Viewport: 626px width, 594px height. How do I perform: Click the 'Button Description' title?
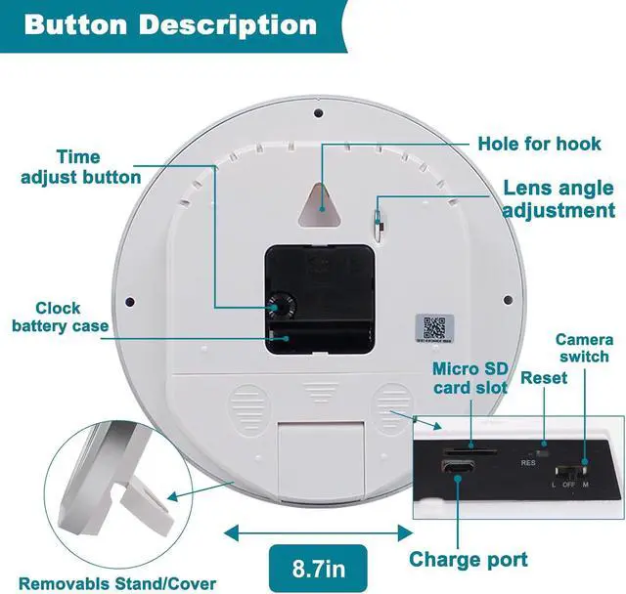click(x=170, y=23)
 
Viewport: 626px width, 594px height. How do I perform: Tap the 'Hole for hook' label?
click(x=539, y=145)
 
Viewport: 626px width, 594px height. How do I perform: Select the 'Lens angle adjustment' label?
click(x=559, y=199)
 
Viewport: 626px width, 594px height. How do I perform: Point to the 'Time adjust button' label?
click(x=80, y=167)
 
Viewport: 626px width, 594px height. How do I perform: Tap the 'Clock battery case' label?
click(x=60, y=317)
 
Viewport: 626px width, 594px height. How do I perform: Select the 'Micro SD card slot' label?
click(x=469, y=378)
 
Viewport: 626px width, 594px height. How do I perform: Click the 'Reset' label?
click(x=545, y=378)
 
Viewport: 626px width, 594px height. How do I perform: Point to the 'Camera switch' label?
click(x=584, y=348)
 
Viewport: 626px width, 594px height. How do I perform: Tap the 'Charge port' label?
click(x=468, y=560)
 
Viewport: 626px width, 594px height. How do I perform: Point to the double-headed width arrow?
click(x=319, y=532)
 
